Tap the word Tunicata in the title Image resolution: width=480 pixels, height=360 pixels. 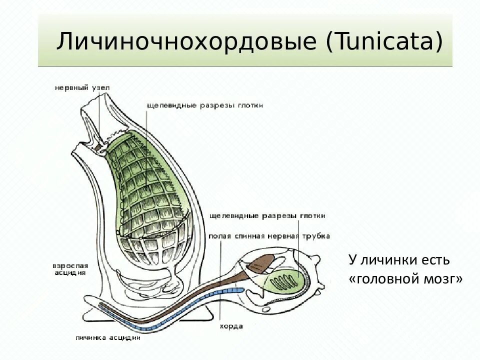coord(385,41)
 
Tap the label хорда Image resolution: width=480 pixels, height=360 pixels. coord(231,326)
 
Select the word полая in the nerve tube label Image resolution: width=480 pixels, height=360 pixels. coord(220,236)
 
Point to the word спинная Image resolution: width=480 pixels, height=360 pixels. coord(248,236)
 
